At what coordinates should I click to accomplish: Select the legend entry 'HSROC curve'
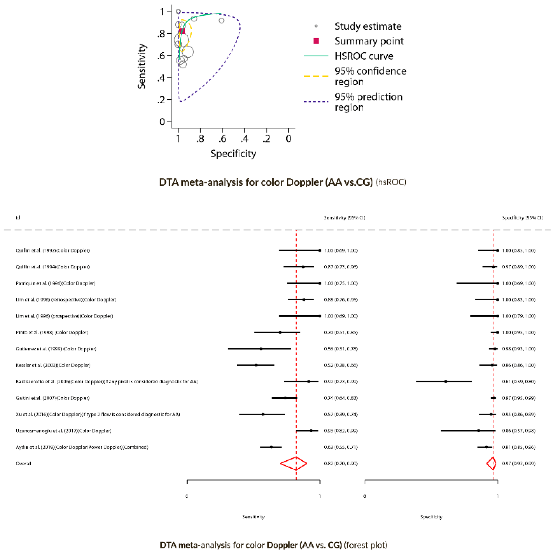click(x=364, y=56)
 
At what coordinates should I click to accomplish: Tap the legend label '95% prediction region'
click(x=368, y=102)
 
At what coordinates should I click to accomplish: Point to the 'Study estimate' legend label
click(x=368, y=26)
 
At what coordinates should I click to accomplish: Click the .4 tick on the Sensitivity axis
click(x=161, y=78)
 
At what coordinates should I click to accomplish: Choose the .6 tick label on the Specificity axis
click(x=222, y=139)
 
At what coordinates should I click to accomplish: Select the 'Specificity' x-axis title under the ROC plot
click(x=233, y=154)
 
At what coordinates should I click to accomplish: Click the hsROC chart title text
click(x=282, y=182)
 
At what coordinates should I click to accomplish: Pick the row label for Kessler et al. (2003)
click(x=53, y=365)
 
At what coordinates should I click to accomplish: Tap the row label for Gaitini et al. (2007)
click(x=52, y=398)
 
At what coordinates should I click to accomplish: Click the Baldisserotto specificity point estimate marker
click(x=446, y=381)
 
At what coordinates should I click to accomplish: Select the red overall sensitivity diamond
click(x=293, y=463)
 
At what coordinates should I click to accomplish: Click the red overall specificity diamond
click(x=492, y=463)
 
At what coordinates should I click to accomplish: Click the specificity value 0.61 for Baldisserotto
click(x=518, y=381)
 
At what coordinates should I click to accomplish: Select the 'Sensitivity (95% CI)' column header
click(x=344, y=218)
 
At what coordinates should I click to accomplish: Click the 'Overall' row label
click(x=23, y=464)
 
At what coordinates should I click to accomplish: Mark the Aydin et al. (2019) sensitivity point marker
click(x=271, y=447)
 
